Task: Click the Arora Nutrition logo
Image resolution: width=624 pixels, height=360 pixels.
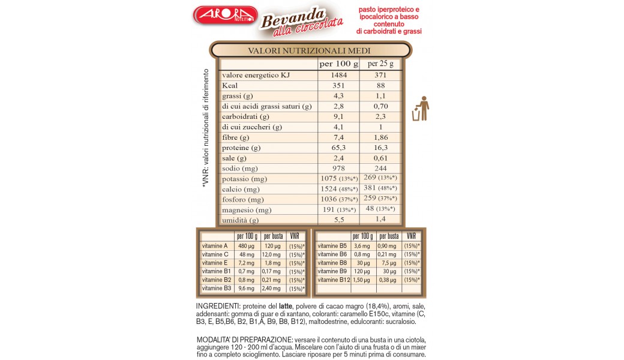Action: (226, 14)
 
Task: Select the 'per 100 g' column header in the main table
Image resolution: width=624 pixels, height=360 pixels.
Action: (338, 64)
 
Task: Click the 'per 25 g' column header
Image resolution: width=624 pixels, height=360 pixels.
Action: (380, 64)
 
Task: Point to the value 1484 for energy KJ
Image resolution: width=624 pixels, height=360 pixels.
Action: (338, 75)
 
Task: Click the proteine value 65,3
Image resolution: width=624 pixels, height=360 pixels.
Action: (338, 148)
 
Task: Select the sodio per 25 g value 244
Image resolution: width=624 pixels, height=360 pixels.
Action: (380, 169)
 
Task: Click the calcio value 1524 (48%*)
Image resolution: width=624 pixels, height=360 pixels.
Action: (338, 189)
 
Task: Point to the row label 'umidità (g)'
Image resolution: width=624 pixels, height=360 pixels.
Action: (240, 220)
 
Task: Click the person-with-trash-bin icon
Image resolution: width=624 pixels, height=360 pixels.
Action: (421, 108)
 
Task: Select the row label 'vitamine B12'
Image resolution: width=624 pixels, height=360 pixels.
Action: (332, 280)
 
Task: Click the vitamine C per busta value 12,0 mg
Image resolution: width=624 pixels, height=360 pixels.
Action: (273, 254)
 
